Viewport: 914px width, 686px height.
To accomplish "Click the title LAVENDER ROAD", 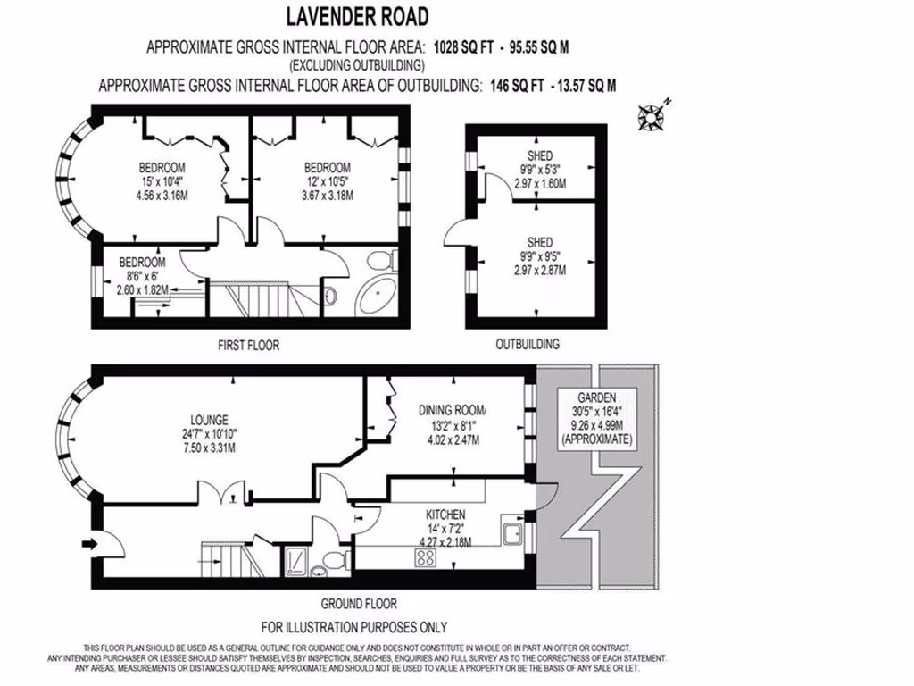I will pyautogui.click(x=356, y=16).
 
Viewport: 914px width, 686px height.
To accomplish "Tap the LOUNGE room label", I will pyautogui.click(x=209, y=420).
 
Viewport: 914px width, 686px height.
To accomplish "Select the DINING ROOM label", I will pyautogui.click(x=452, y=410).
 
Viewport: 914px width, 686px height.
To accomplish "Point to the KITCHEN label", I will pyautogui.click(x=445, y=515).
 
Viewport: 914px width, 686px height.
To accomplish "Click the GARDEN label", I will pyautogui.click(x=596, y=397).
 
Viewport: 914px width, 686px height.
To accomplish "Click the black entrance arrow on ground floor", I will pyautogui.click(x=90, y=542).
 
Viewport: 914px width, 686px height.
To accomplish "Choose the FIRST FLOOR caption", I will pyautogui.click(x=249, y=344).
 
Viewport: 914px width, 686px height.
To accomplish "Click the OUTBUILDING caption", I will pyautogui.click(x=527, y=344).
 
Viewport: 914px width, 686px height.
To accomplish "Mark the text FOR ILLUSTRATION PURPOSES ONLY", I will pyautogui.click(x=354, y=627).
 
